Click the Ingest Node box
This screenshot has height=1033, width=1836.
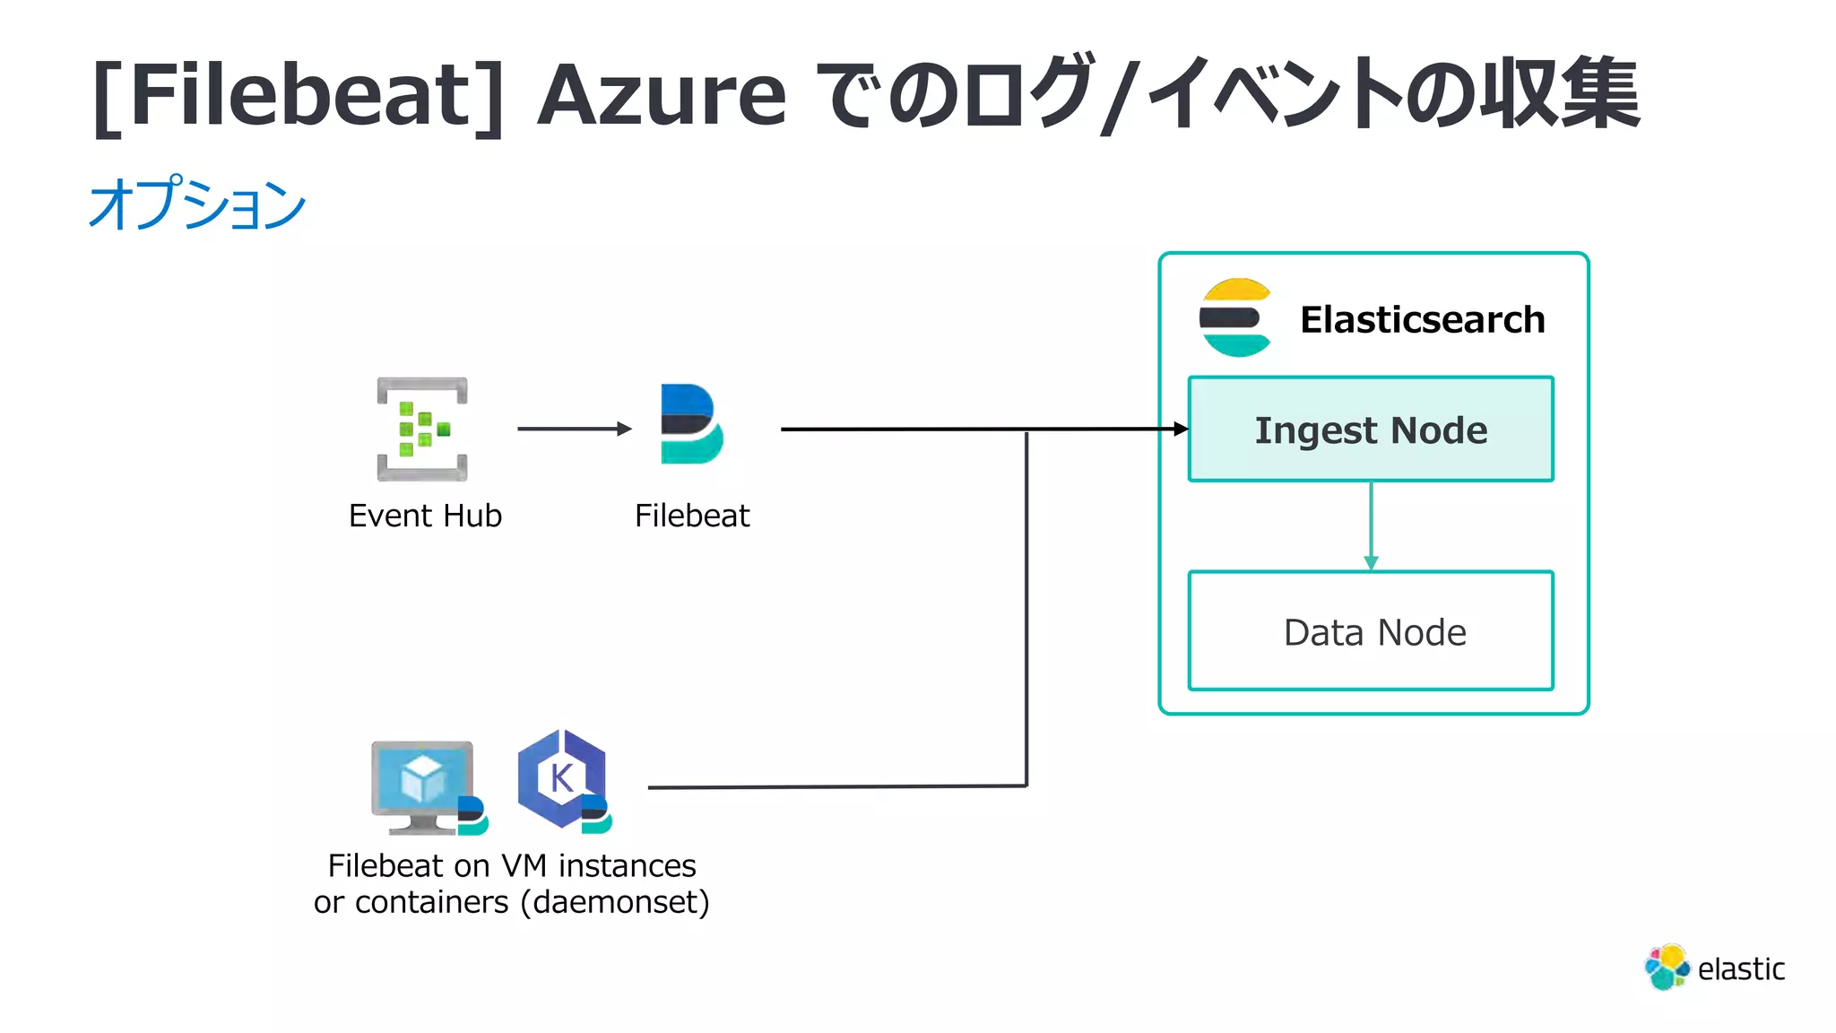click(x=1370, y=430)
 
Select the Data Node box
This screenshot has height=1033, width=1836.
click(x=1370, y=631)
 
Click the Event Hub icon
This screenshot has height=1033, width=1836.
click(x=422, y=429)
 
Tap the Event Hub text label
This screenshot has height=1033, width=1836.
click(x=425, y=516)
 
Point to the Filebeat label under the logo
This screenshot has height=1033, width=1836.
click(x=691, y=516)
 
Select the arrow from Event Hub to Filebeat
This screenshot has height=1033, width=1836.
click(x=574, y=429)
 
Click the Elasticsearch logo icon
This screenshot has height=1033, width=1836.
click(x=1235, y=317)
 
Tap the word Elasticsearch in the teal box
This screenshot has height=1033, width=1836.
click(x=1422, y=319)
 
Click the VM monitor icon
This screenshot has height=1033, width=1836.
click(x=422, y=783)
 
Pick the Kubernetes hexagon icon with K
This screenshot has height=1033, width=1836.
click(x=561, y=777)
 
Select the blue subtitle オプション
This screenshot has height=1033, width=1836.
click(x=197, y=204)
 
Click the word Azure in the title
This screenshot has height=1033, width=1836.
click(x=662, y=94)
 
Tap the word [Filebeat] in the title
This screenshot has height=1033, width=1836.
click(x=299, y=94)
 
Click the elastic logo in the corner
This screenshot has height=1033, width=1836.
click(x=1714, y=968)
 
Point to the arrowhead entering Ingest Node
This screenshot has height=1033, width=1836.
click(x=1181, y=430)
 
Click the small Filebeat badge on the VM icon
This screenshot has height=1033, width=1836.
click(x=472, y=814)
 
